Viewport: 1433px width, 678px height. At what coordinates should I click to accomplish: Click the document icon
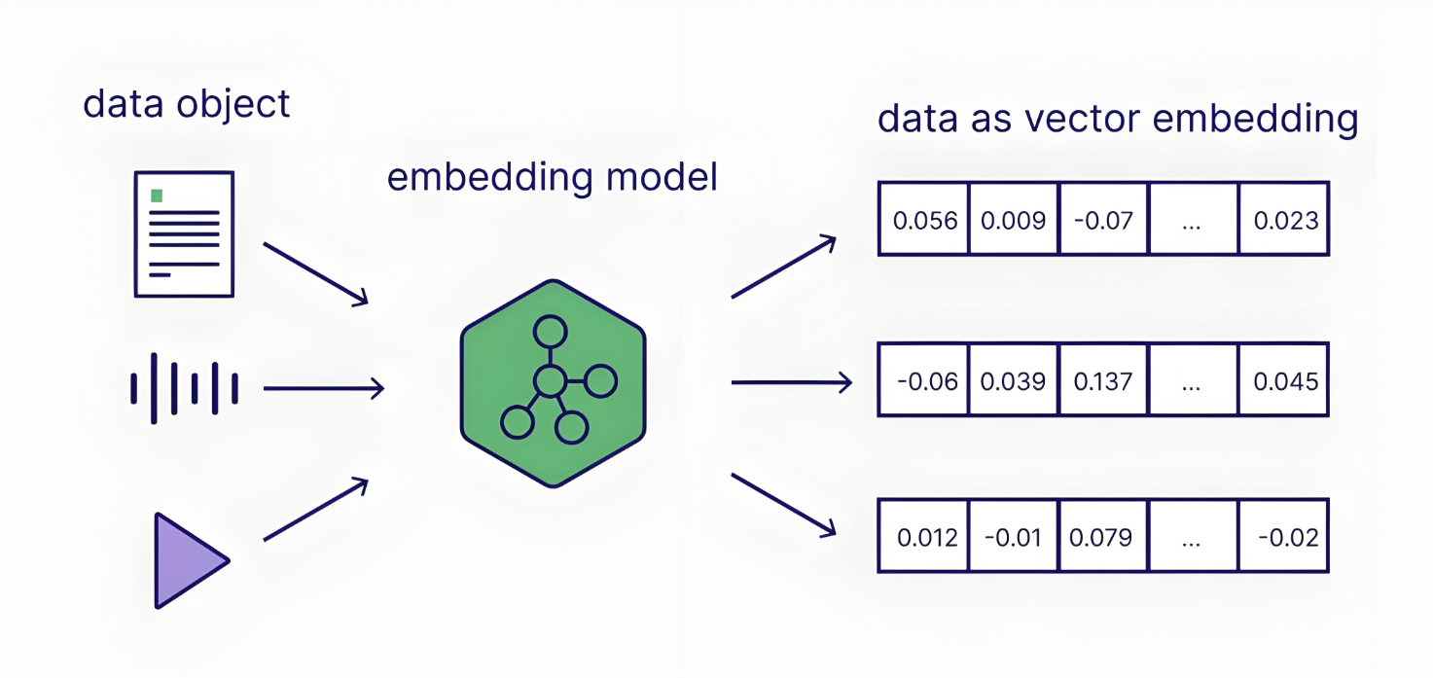pos(184,233)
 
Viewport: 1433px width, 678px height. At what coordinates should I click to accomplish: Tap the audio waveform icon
pos(184,388)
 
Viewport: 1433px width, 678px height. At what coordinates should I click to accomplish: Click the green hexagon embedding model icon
pos(553,383)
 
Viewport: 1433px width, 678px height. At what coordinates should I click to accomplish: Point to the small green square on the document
pos(157,196)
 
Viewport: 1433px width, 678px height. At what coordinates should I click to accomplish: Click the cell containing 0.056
pos(924,220)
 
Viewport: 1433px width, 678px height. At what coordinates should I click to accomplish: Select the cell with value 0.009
pos(1013,220)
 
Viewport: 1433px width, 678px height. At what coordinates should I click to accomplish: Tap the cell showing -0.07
pos(1103,220)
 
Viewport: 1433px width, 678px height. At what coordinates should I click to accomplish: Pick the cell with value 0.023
pos(1284,220)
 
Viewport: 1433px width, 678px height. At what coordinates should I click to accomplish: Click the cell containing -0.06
pos(924,380)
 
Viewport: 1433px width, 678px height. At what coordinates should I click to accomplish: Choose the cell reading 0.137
pos(1103,380)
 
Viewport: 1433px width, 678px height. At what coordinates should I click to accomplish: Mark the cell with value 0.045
pos(1284,380)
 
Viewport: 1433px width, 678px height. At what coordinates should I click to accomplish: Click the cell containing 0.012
pos(924,537)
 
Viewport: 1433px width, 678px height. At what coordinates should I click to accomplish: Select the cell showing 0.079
pos(1103,537)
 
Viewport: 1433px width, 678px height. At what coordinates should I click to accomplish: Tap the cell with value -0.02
pos(1284,537)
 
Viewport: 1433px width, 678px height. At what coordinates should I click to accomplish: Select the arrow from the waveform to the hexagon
pos(323,389)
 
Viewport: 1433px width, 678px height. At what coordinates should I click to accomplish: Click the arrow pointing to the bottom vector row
pos(783,504)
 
